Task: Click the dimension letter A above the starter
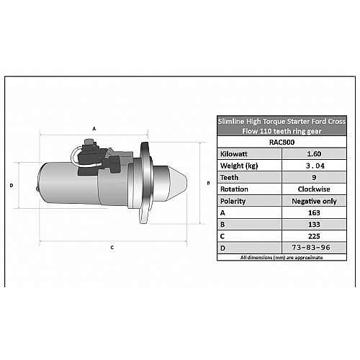[94, 129]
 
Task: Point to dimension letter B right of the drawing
[208, 183]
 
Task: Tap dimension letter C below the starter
[112, 248]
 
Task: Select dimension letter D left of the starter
[12, 186]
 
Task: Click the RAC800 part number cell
[282, 142]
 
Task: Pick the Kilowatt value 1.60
[314, 154]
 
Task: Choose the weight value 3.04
[315, 166]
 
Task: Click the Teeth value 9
[314, 177]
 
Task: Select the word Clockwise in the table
[314, 189]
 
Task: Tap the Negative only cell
[314, 201]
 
